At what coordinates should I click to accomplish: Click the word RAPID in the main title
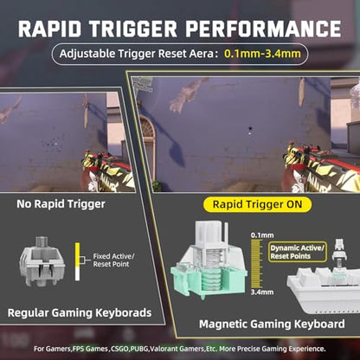pos(49,29)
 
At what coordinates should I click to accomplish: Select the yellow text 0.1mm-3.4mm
pos(262,54)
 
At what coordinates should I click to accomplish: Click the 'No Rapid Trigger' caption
pos(61,204)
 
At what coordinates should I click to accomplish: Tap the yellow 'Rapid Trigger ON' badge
pos(257,204)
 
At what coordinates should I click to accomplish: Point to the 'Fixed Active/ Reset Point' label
pos(113,260)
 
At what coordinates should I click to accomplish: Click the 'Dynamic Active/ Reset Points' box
pos(297,252)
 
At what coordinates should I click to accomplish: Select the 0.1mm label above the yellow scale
pos(262,235)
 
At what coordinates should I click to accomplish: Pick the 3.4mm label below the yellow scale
pos(262,292)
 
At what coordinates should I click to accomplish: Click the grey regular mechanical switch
pos(42,261)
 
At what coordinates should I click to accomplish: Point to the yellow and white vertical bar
pos(77,261)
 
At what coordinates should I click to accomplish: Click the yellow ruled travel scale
pos(255,264)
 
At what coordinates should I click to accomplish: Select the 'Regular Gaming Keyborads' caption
pos(80,312)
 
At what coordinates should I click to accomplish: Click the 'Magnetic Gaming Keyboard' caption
pos(272,324)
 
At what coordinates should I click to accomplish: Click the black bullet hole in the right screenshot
pos(250,128)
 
